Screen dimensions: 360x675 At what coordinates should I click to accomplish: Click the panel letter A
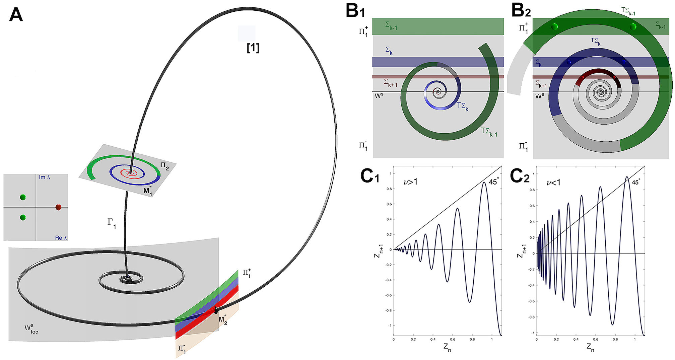[16, 15]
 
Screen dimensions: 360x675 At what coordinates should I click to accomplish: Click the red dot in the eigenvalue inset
[58, 207]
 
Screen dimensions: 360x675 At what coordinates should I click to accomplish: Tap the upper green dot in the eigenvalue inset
[23, 197]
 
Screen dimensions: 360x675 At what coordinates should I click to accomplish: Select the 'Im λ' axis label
[45, 177]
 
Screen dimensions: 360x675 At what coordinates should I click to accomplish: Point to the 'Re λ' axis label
[61, 238]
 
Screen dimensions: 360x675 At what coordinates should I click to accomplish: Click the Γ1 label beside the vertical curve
[112, 223]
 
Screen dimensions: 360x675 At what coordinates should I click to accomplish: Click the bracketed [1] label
[253, 48]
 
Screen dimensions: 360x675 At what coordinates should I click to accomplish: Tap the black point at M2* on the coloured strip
[216, 310]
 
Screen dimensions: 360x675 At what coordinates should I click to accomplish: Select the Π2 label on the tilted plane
[164, 166]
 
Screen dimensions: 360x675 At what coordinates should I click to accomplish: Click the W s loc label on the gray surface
[31, 329]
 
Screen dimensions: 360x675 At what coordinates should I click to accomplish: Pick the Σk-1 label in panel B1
[391, 26]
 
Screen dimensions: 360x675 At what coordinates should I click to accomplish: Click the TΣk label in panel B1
[463, 106]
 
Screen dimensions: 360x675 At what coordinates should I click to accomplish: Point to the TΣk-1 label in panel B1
[489, 132]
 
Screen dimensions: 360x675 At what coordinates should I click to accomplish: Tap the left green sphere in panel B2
[554, 26]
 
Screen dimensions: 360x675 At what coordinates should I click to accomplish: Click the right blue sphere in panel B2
[623, 62]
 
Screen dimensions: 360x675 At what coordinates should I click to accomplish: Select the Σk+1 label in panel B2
[541, 84]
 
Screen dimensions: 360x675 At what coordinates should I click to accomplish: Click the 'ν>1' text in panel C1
[410, 182]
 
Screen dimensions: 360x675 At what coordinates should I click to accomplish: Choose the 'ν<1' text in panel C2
[553, 183]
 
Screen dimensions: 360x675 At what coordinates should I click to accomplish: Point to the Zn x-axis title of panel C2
[591, 347]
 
